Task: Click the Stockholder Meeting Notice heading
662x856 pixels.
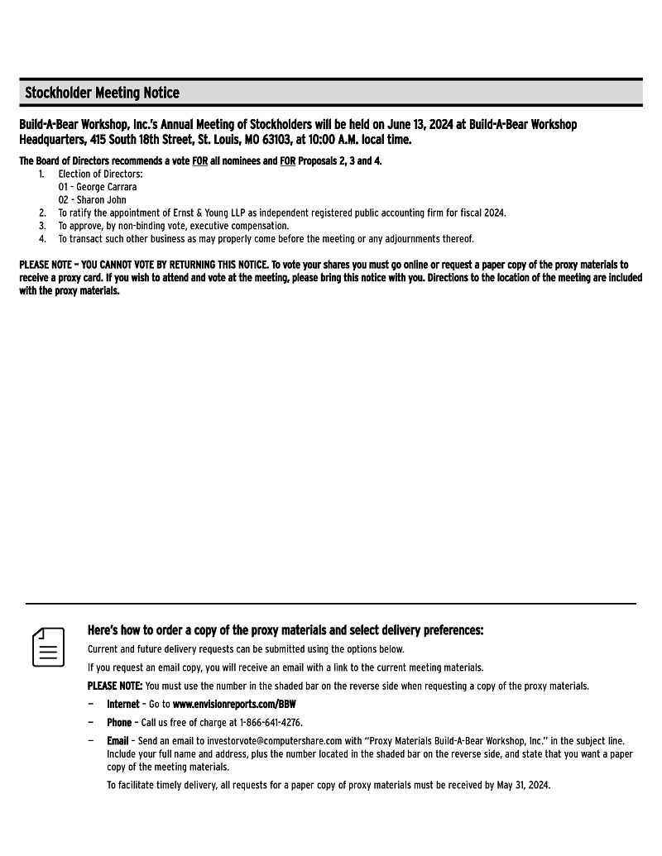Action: [x=102, y=93]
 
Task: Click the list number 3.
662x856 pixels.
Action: [x=42, y=226]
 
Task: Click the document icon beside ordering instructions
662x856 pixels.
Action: [x=49, y=647]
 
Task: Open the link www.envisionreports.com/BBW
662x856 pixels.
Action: [x=234, y=705]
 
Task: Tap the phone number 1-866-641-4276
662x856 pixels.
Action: [x=271, y=723]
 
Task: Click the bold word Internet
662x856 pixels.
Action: [x=122, y=705]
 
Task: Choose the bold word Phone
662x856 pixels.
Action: [x=118, y=723]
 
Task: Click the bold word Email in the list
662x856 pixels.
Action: [x=118, y=741]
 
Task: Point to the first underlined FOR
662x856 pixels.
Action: [x=199, y=161]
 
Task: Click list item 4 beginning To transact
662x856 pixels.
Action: [x=265, y=239]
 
